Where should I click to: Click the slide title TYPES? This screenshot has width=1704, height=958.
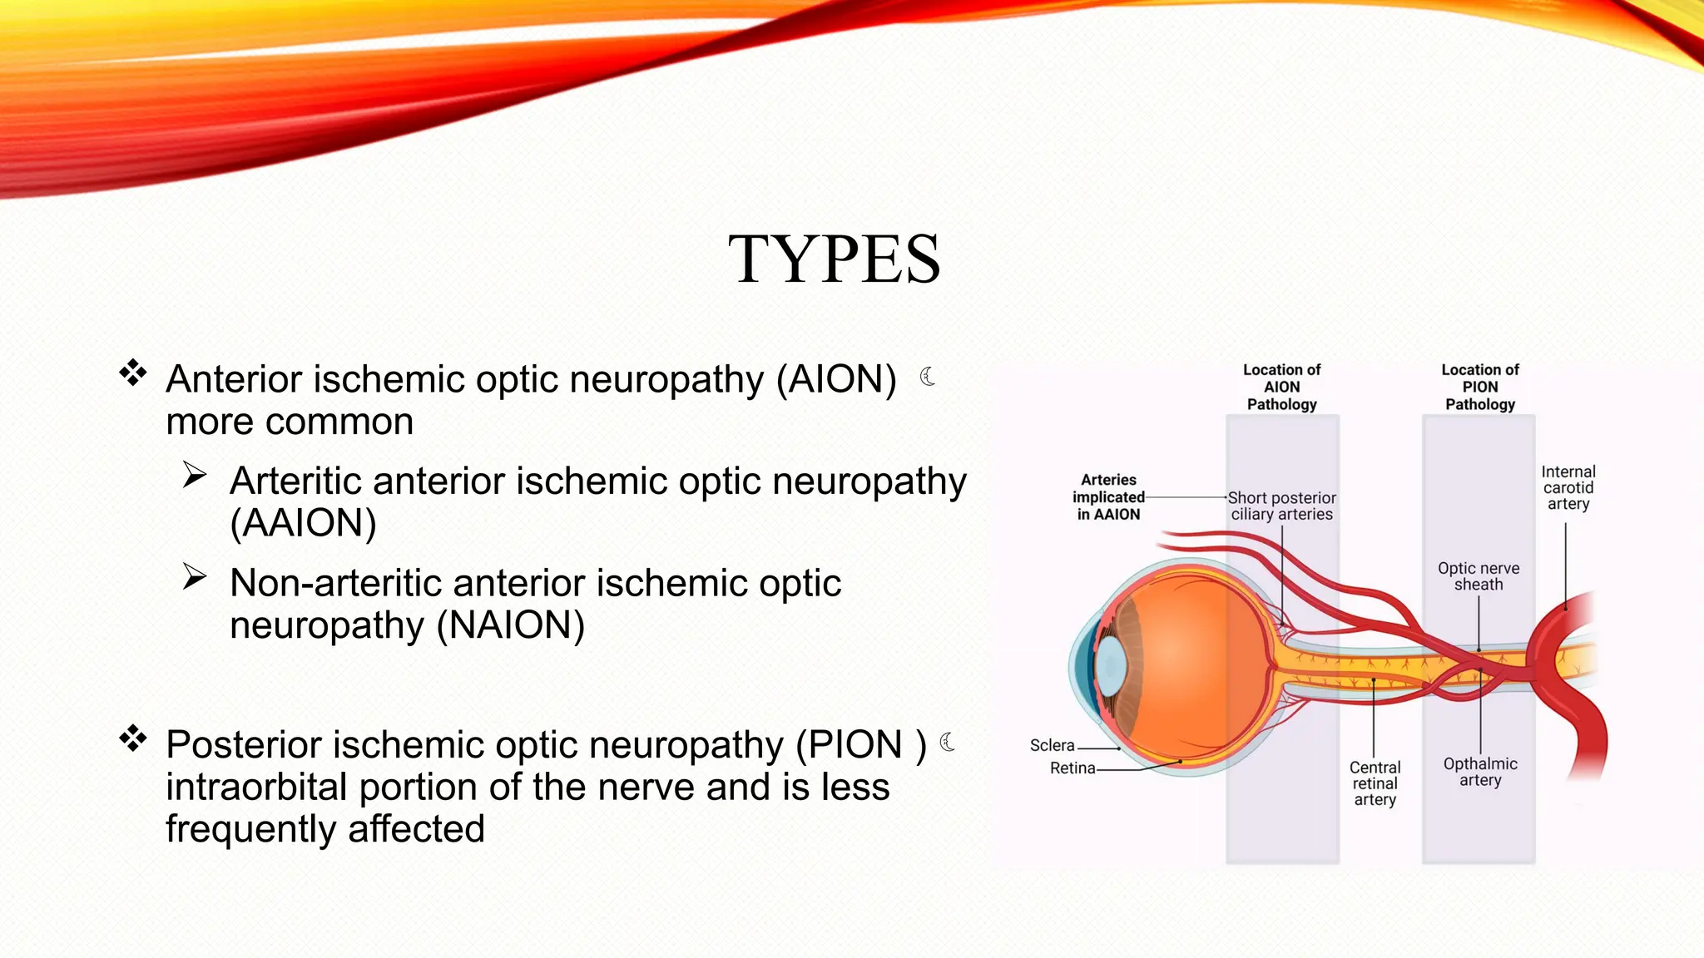click(x=835, y=259)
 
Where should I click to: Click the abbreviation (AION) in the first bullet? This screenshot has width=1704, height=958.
click(x=836, y=379)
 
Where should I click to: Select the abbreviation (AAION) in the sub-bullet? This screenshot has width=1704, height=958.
click(x=303, y=523)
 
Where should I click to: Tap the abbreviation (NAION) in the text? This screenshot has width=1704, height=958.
click(x=511, y=625)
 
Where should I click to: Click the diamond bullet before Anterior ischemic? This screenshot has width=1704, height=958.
click(x=133, y=373)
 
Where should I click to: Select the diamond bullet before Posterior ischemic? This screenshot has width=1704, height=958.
click(x=133, y=738)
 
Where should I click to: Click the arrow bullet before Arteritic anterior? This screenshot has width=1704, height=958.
click(x=195, y=475)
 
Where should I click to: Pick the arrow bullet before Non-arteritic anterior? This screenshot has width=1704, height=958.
click(x=195, y=576)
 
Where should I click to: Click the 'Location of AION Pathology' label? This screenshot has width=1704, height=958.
click(x=1281, y=388)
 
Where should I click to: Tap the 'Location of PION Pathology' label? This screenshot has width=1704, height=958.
click(x=1479, y=388)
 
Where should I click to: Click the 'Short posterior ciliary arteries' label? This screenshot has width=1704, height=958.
click(x=1281, y=506)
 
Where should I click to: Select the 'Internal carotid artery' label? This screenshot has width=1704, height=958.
click(x=1568, y=487)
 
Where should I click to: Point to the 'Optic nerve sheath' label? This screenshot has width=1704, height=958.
click(x=1479, y=576)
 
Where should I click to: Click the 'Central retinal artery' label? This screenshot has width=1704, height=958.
click(x=1375, y=783)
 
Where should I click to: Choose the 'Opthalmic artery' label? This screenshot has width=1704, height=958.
click(x=1480, y=772)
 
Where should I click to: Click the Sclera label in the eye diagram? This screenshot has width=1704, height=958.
click(x=1052, y=746)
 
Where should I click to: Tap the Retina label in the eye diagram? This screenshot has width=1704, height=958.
click(x=1072, y=768)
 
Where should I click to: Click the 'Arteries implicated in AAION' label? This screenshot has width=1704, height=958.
click(x=1108, y=497)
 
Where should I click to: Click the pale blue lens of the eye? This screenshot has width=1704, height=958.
click(x=1111, y=667)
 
